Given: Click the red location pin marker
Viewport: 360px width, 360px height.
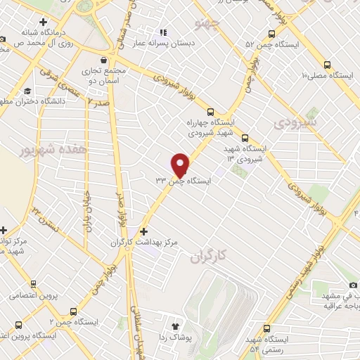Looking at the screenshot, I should click(x=181, y=165).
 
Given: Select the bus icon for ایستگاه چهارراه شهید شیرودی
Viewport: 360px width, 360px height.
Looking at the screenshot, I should click(x=210, y=112).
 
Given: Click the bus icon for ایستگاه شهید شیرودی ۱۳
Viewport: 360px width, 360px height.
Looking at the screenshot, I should click(x=245, y=138).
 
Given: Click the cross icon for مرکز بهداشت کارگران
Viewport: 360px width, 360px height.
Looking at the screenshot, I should click(x=144, y=231).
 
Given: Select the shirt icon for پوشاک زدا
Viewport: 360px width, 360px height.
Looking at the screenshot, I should click(x=175, y=326).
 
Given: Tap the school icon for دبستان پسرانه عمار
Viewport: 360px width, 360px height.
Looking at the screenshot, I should click(x=164, y=32).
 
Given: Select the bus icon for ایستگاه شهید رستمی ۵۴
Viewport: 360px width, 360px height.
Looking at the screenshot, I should click(x=266, y=328).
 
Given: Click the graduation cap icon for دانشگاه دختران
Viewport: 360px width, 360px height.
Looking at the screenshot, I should click(x=27, y=91).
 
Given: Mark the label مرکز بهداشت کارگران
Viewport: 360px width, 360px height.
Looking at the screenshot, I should click(x=143, y=243).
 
